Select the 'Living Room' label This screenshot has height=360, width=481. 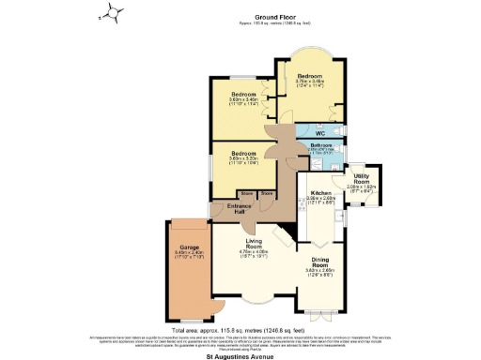(254, 244)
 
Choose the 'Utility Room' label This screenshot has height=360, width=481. (361, 179)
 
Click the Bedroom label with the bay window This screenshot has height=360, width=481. (311, 75)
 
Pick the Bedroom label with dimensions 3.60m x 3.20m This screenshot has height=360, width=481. (243, 153)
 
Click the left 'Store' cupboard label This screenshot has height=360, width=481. (246, 193)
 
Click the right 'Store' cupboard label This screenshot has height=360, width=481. (266, 193)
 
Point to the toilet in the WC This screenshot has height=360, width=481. (334, 130)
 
